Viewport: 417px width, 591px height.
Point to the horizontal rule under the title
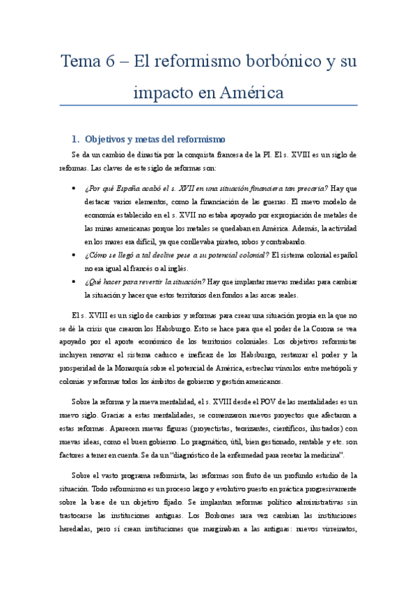208,106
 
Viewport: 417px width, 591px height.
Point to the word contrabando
283,241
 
